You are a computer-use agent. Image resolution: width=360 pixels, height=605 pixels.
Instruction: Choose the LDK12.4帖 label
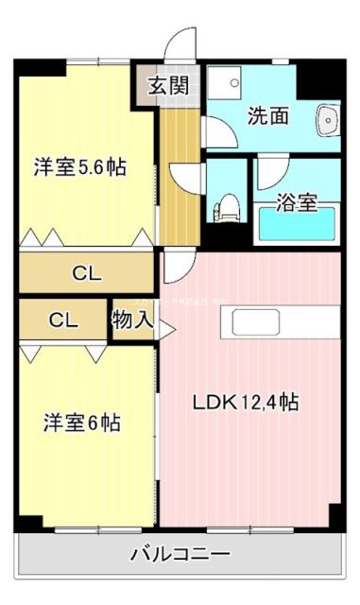[246, 403]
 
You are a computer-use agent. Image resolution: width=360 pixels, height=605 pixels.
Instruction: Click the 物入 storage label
[132, 319]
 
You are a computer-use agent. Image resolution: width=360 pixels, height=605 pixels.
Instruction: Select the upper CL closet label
[87, 274]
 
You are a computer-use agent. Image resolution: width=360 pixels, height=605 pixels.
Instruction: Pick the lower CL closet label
[62, 319]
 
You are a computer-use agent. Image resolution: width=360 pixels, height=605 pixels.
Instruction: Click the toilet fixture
[227, 205]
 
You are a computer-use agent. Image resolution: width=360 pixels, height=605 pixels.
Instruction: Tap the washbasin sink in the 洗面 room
[330, 121]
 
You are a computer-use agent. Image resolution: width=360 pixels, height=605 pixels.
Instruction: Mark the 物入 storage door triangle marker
[166, 329]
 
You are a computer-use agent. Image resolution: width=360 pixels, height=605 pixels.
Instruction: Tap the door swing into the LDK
[179, 268]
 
